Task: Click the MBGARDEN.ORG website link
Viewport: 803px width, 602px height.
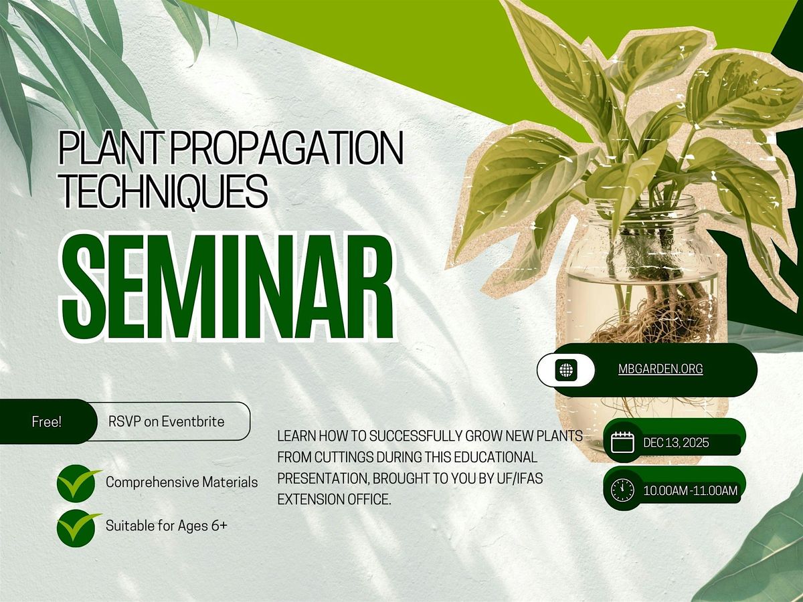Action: (x=660, y=369)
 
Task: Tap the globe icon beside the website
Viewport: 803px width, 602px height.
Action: (x=565, y=369)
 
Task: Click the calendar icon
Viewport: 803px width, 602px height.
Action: (x=623, y=442)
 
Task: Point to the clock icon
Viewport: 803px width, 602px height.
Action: (x=623, y=490)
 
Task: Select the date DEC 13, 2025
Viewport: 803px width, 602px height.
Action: (x=675, y=442)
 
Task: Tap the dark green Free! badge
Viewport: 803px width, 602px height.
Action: (x=46, y=422)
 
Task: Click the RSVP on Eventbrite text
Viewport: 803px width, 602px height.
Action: (x=166, y=422)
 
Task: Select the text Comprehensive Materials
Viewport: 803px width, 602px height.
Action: (x=181, y=482)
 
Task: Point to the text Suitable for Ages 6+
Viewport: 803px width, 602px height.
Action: (x=167, y=526)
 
